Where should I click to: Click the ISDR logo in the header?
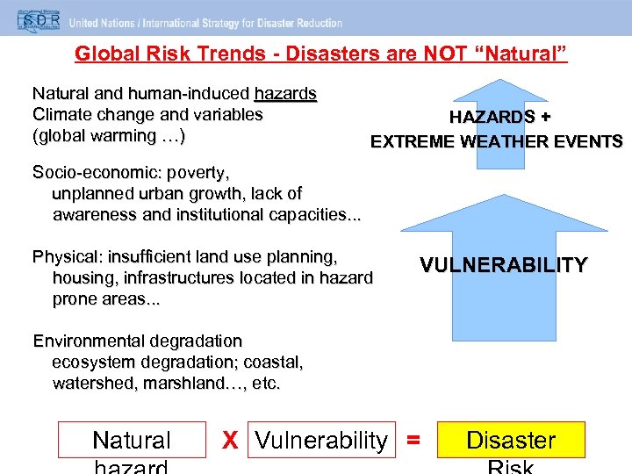click(31, 20)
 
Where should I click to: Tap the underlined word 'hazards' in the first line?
click(285, 93)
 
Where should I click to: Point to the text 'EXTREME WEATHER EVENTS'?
click(496, 141)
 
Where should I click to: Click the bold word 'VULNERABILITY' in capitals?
click(503, 265)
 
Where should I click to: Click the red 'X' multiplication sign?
click(230, 441)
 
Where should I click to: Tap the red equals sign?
click(413, 441)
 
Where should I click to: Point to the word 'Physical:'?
click(64, 257)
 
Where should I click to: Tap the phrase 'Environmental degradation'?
click(137, 341)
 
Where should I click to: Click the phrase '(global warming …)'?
click(108, 135)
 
